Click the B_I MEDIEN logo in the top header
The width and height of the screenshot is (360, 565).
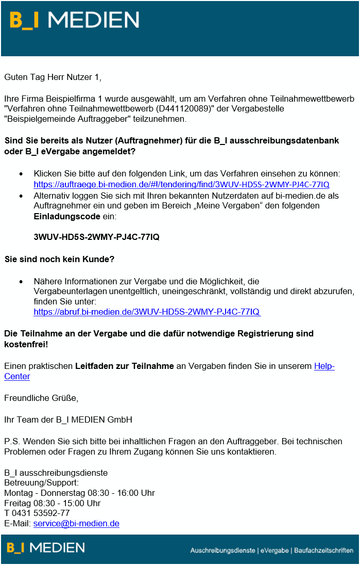pyautogui.click(x=74, y=20)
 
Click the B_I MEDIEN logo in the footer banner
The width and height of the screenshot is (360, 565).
pyautogui.click(x=46, y=547)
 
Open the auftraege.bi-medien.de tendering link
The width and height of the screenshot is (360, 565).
pyautogui.click(x=181, y=184)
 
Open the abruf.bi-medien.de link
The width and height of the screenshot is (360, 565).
pyautogui.click(x=147, y=312)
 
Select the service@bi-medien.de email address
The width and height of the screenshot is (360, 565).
pyautogui.click(x=76, y=523)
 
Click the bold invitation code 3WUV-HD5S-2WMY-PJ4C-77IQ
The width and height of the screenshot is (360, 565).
pyautogui.click(x=96, y=237)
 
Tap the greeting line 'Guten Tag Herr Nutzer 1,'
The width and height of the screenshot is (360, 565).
pyautogui.click(x=53, y=77)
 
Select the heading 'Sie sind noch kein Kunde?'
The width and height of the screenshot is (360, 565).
pyautogui.click(x=59, y=259)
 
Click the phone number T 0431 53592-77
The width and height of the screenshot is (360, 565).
pyautogui.click(x=37, y=513)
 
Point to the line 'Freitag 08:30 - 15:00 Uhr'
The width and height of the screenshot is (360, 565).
pyautogui.click(x=52, y=503)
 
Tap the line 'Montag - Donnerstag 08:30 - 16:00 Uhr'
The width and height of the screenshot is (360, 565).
pyautogui.click(x=79, y=493)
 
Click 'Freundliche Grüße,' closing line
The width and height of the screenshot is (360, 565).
pyautogui.click(x=41, y=398)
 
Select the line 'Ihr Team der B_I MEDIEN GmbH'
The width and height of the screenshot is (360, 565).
pyautogui.click(x=68, y=419)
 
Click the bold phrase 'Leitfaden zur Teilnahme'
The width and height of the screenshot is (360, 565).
pyautogui.click(x=124, y=366)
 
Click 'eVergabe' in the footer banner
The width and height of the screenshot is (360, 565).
pyautogui.click(x=274, y=551)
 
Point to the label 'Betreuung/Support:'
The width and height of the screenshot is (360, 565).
pyautogui.click(x=41, y=482)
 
